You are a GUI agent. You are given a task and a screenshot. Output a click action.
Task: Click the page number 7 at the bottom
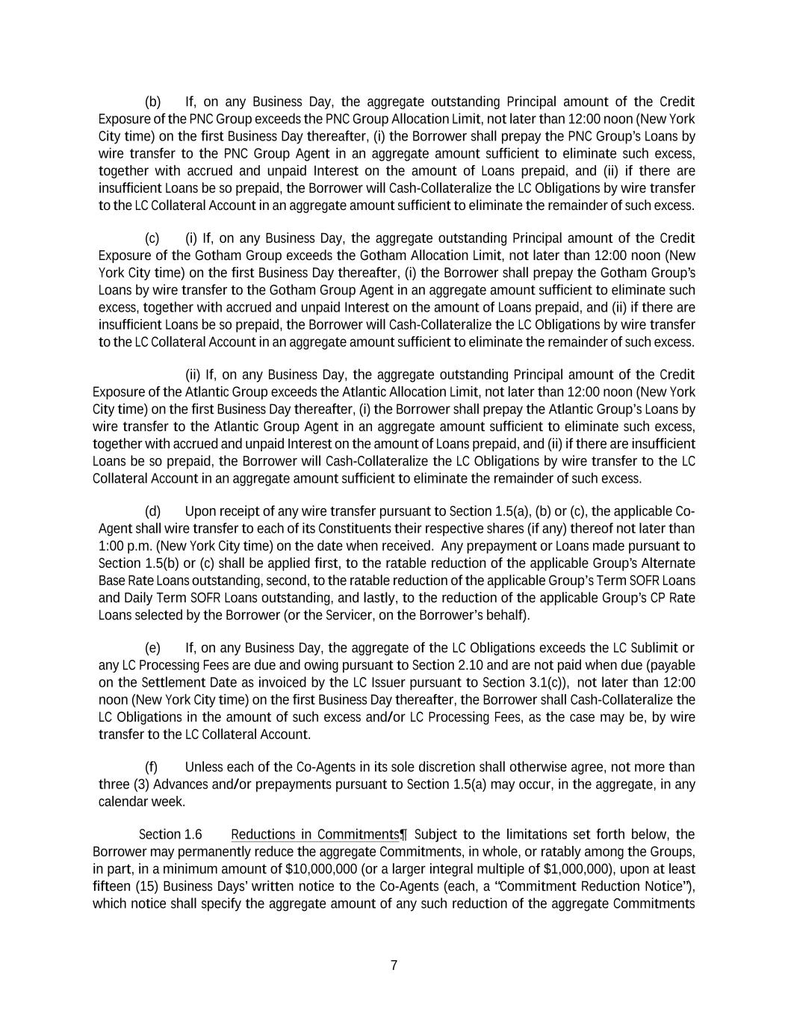(394, 965)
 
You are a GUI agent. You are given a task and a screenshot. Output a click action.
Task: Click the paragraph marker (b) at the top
(152, 102)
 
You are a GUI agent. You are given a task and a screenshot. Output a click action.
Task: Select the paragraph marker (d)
(152, 512)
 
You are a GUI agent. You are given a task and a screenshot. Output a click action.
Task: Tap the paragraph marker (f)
(151, 767)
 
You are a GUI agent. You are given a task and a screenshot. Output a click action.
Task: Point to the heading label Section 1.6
(170, 835)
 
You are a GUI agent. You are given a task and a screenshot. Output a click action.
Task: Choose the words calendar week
(141, 802)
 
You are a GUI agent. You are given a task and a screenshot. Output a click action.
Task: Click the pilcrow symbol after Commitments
(403, 835)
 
